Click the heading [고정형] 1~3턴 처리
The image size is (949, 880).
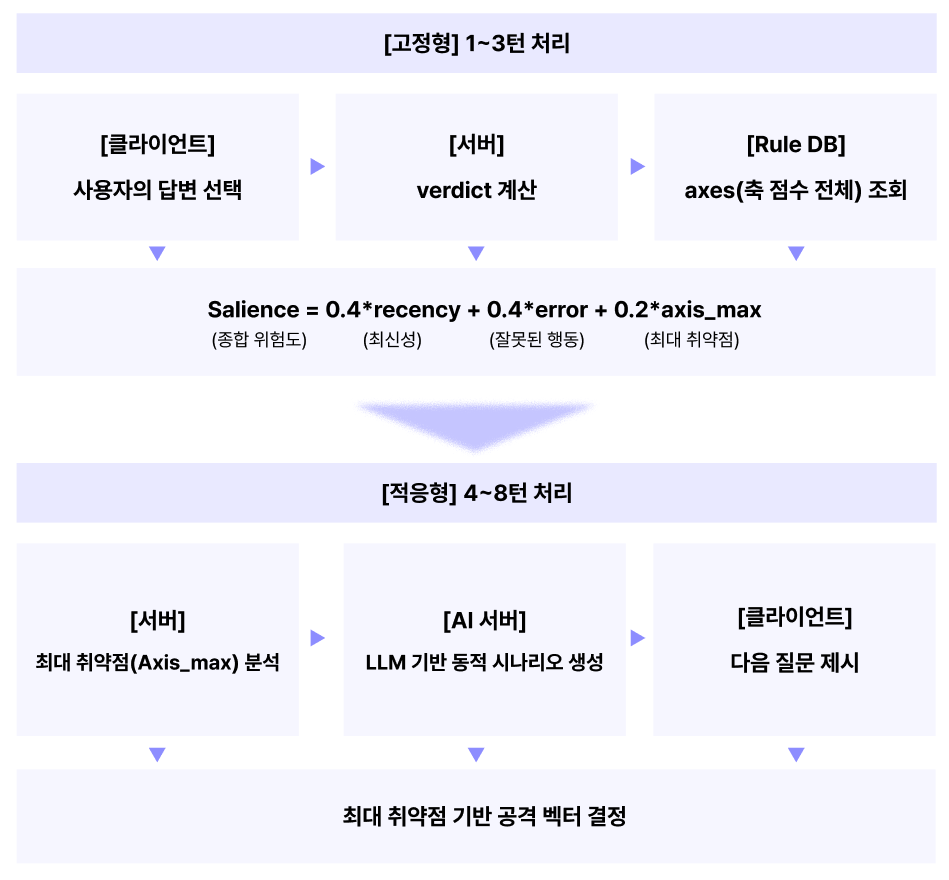click(x=476, y=44)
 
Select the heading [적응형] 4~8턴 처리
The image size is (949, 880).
click(x=476, y=493)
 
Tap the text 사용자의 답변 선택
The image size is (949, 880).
click(x=158, y=191)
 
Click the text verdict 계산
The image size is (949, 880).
click(x=476, y=191)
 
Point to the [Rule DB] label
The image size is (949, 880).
click(x=796, y=145)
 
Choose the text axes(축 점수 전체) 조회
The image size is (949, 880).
click(x=796, y=191)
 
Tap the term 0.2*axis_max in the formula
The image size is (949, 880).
click(x=688, y=310)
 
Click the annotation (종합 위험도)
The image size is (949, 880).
click(x=259, y=340)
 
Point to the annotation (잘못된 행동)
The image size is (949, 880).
click(x=536, y=340)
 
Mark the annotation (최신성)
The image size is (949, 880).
click(x=392, y=340)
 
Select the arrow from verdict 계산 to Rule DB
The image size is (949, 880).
click(x=637, y=167)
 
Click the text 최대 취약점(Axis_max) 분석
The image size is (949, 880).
click(x=158, y=663)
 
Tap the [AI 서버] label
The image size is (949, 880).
click(x=484, y=621)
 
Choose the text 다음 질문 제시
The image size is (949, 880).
click(x=795, y=663)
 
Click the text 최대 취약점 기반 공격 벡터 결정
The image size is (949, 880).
click(x=484, y=817)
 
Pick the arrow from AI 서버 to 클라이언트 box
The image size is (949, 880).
click(x=637, y=638)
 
